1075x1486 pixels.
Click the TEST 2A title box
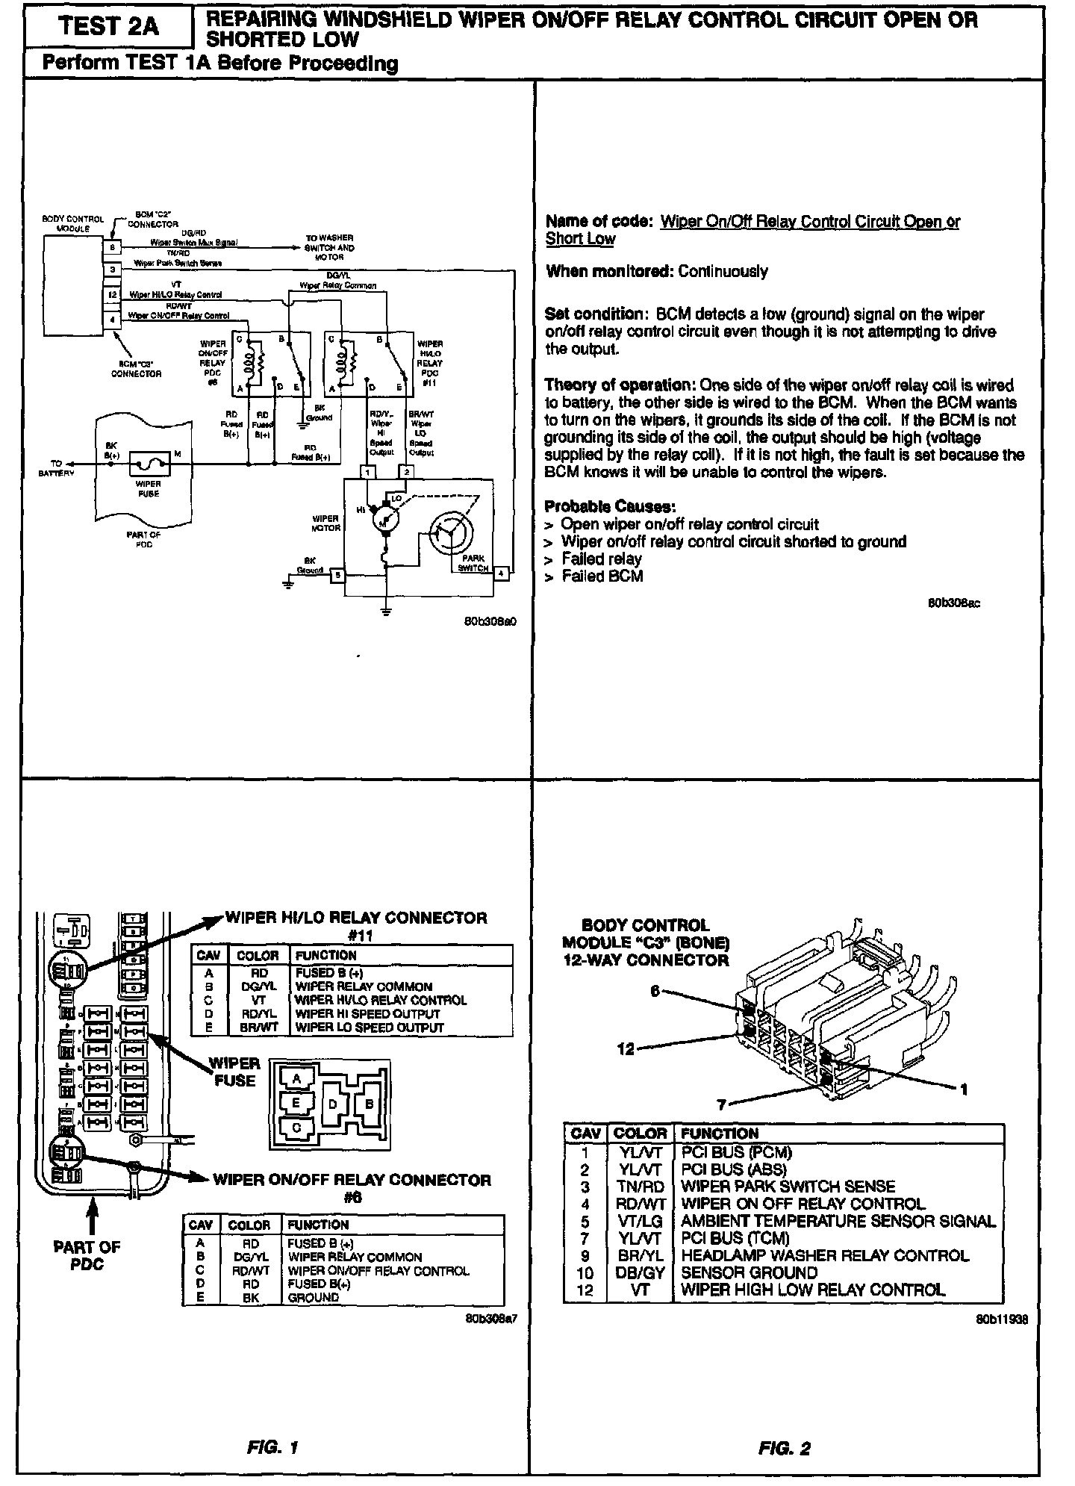(108, 27)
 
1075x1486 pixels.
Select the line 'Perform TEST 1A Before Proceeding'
(219, 63)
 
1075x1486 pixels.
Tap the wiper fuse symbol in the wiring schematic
(149, 464)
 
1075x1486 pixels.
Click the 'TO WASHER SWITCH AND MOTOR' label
(329, 247)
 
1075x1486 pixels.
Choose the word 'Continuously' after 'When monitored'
(723, 271)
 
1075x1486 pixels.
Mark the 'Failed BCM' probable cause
(602, 576)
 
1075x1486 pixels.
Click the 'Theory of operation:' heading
(620, 385)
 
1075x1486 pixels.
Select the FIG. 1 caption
(272, 1448)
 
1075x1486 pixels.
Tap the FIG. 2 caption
(785, 1449)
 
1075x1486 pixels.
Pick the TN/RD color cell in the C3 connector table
(640, 1186)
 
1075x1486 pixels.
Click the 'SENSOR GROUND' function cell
(749, 1272)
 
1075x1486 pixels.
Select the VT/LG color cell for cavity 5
(640, 1221)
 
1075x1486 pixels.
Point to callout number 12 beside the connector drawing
(626, 1049)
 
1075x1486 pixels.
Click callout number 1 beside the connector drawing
(964, 1089)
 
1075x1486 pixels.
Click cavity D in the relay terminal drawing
(334, 1103)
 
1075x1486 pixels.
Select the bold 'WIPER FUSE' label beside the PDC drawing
(234, 1072)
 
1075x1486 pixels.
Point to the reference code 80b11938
(1001, 1319)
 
